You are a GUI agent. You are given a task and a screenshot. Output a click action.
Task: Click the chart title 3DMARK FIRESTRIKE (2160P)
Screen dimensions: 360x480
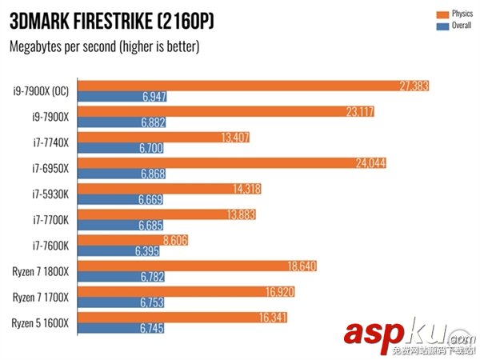(x=112, y=20)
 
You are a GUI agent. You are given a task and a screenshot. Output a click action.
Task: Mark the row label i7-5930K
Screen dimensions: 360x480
(x=50, y=194)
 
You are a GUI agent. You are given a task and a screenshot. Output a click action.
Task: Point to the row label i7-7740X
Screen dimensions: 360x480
(x=50, y=142)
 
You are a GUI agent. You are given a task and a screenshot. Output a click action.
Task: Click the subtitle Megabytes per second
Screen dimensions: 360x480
(x=104, y=46)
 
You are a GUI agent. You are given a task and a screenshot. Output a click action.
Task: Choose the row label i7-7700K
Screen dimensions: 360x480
(x=50, y=219)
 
